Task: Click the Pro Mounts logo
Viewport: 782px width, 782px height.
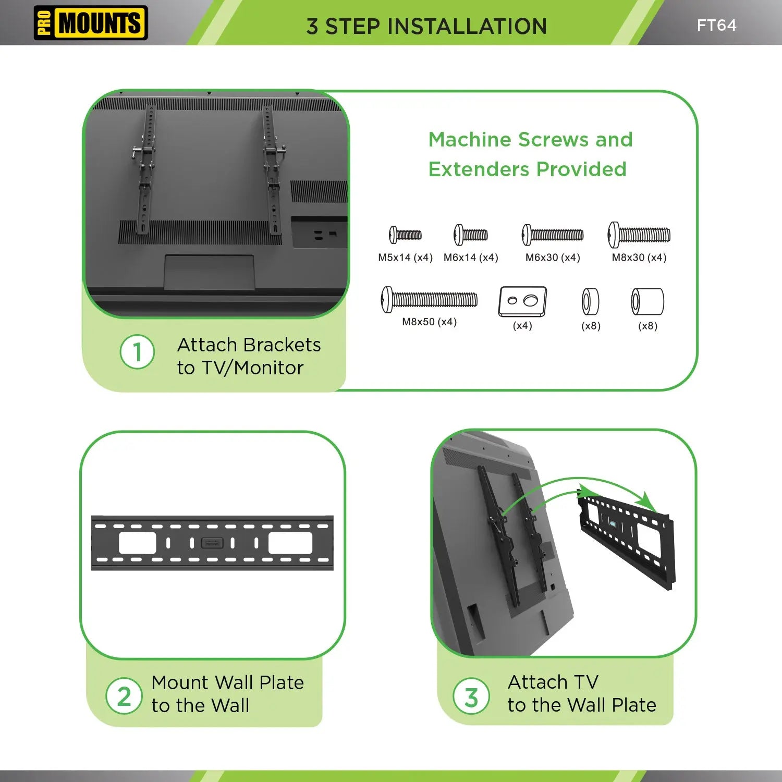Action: point(91,23)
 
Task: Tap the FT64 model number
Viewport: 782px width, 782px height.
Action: point(716,25)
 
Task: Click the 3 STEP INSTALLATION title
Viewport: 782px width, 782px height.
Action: point(426,26)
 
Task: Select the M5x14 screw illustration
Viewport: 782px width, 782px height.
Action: point(405,235)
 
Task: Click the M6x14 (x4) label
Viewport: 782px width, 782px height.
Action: point(471,258)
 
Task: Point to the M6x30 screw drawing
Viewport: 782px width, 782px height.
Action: point(553,235)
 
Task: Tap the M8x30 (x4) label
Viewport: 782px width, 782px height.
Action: point(639,258)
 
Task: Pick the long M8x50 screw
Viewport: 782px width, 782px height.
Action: point(429,300)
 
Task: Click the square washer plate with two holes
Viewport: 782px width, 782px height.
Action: point(522,301)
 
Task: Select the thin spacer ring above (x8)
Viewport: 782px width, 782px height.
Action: point(590,302)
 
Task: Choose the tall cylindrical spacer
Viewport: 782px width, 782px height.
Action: point(647,302)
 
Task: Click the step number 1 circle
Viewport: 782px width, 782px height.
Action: point(137,352)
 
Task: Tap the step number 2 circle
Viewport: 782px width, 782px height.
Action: point(124,696)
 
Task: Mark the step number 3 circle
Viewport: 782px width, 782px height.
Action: point(471,697)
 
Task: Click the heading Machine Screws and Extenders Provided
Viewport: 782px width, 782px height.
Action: point(530,154)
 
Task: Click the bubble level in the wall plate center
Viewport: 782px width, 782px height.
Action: point(212,543)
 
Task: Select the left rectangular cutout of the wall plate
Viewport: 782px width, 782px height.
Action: point(138,543)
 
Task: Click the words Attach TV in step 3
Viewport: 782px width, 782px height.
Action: point(553,682)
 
